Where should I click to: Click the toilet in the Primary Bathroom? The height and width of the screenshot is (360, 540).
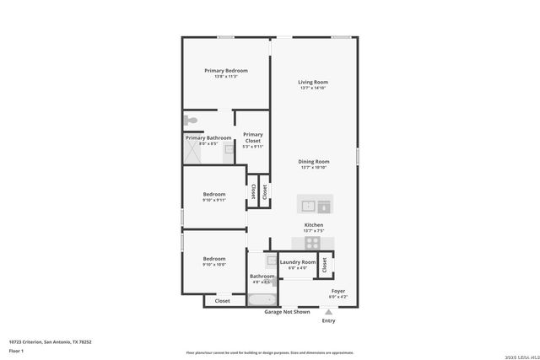pyautogui.click(x=192, y=121)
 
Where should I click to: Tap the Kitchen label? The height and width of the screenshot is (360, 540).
pyautogui.click(x=314, y=227)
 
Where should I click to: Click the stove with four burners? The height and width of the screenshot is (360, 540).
pyautogui.click(x=313, y=242)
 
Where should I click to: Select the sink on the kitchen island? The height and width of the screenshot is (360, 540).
pyautogui.click(x=309, y=205)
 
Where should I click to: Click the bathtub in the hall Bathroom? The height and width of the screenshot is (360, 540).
pyautogui.click(x=262, y=299)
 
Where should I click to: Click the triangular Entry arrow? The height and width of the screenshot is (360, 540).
pyautogui.click(x=328, y=312)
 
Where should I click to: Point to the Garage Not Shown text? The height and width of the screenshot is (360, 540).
pyautogui.click(x=286, y=312)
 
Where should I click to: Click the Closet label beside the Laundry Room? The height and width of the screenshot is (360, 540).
pyautogui.click(x=325, y=265)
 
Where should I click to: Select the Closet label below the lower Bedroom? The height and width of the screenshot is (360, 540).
pyautogui.click(x=222, y=301)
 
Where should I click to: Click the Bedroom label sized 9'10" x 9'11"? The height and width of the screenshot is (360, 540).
pyautogui.click(x=213, y=196)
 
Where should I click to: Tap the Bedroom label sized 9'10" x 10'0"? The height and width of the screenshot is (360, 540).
pyautogui.click(x=213, y=261)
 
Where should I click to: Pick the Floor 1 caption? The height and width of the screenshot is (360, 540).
pyautogui.click(x=16, y=350)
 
